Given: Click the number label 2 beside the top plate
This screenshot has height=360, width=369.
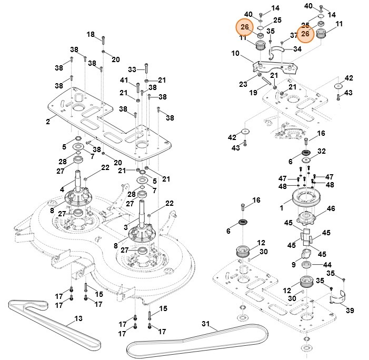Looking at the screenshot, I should point(48,122).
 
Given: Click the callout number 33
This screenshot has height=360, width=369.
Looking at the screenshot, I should point(132,69).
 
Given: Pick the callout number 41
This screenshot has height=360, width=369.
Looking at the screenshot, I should point(124,80).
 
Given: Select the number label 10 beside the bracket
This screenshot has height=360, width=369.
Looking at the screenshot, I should point(235,53).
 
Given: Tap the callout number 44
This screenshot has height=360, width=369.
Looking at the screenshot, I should point(328,264).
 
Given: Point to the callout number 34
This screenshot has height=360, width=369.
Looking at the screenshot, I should point(297,49).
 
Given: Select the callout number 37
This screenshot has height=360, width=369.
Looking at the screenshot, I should point(294,35).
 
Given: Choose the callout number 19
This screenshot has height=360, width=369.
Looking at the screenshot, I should point(253,92).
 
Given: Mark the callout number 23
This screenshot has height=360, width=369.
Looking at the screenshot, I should point(243,84).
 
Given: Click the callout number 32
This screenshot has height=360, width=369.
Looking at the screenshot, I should point(322,151).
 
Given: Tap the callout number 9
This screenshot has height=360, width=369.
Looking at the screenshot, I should point(293,264).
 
